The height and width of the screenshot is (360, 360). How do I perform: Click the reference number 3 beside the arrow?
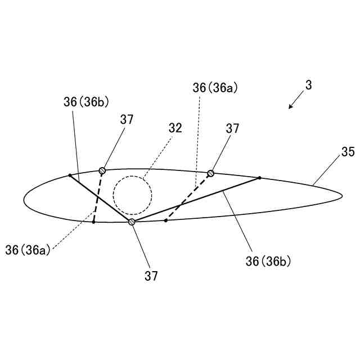309,85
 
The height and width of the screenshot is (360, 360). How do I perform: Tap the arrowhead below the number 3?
290,106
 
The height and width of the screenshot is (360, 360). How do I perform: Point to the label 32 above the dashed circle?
175,128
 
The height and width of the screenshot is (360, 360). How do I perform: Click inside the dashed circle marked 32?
132,196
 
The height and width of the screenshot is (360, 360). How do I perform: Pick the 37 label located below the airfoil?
151,276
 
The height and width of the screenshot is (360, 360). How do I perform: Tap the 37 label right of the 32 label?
232,128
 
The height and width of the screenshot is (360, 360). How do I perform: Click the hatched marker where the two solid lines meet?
132,222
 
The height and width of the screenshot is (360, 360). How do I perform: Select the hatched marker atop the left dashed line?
102,170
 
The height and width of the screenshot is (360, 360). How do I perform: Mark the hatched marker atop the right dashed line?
211,173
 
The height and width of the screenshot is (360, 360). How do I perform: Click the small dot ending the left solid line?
70,175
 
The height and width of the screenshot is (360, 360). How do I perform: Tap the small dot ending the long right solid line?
259,178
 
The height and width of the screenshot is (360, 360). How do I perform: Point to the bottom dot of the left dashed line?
93,222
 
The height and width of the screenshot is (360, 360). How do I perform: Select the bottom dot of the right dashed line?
165,220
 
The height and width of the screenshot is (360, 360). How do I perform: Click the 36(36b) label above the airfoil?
86,102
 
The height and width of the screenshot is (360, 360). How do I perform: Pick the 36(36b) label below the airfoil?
268,260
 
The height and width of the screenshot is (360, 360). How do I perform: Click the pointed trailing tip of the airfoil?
342,196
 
